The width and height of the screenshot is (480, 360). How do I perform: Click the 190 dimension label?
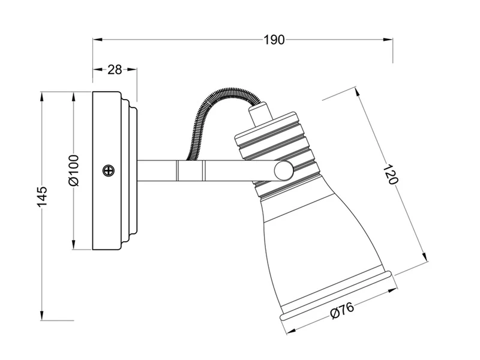[274, 40]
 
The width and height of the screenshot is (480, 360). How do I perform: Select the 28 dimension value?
[115, 70]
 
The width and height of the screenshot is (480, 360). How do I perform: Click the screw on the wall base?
[108, 170]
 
